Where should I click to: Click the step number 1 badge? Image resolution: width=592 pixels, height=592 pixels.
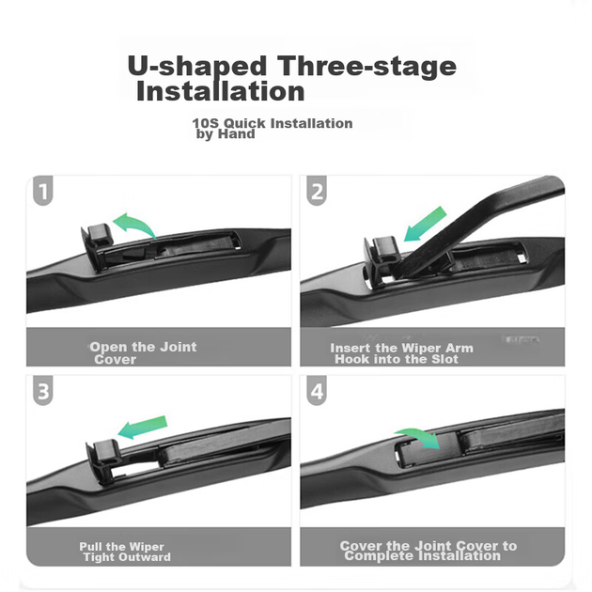pos(42,190)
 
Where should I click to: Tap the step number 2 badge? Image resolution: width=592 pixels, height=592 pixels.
pos(317,190)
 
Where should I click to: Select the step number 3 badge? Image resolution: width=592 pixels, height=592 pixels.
pos(42,390)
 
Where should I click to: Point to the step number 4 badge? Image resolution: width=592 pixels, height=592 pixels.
pos(317,390)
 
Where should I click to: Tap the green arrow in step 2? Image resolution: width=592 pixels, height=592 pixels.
pos(425,225)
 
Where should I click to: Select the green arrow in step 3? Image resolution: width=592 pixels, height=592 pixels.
pos(143,428)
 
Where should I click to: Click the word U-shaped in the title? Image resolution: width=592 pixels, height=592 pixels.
pos(197,66)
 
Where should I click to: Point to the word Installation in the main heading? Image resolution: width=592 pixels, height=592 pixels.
pos(221,91)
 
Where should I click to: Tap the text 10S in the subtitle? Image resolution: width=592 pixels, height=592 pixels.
pos(206,123)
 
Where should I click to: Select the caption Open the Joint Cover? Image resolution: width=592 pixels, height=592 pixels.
pos(143,353)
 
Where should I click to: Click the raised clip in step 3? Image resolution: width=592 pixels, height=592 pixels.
pos(102,460)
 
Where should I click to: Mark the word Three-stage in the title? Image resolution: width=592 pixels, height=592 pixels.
pos(366,66)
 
